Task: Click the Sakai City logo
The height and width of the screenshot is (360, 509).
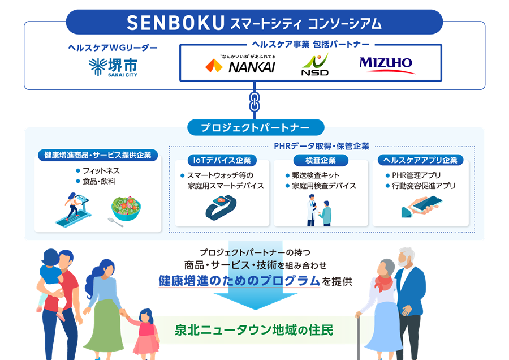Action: tap(113, 67)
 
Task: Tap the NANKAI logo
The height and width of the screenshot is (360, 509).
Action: tap(240, 64)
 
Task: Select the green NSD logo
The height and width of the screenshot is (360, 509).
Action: tap(315, 65)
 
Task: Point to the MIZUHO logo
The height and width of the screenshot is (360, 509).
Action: tap(386, 65)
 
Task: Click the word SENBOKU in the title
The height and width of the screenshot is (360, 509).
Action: tap(176, 23)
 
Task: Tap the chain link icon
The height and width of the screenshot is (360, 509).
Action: tap(254, 101)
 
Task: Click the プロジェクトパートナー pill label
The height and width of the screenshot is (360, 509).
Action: tap(256, 127)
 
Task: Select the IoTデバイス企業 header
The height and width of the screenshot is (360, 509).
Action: tap(222, 160)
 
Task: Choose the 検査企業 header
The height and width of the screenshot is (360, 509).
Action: tap(321, 160)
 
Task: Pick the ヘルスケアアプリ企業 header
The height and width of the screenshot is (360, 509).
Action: tap(420, 160)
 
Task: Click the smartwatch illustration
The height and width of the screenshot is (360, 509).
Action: tap(221, 207)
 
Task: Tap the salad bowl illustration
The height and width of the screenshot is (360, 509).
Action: tap(126, 208)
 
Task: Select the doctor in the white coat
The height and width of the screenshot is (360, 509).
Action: tap(311, 210)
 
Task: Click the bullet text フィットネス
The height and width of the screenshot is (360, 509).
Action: tap(101, 170)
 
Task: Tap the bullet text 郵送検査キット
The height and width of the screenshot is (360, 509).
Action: tap(316, 175)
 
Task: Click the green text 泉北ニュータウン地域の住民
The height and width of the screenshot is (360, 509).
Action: tap(254, 330)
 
